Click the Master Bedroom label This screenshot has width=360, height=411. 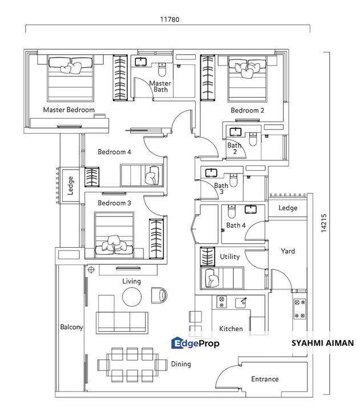(x=68, y=110)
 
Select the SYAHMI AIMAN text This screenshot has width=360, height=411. (x=322, y=343)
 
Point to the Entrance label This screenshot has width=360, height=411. (x=265, y=379)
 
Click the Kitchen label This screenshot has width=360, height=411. (x=231, y=329)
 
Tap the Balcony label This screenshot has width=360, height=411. (x=72, y=328)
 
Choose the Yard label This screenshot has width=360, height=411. (x=288, y=251)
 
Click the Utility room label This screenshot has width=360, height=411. (x=230, y=257)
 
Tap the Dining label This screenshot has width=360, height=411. (x=181, y=364)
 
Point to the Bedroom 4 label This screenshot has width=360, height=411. (x=114, y=152)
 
